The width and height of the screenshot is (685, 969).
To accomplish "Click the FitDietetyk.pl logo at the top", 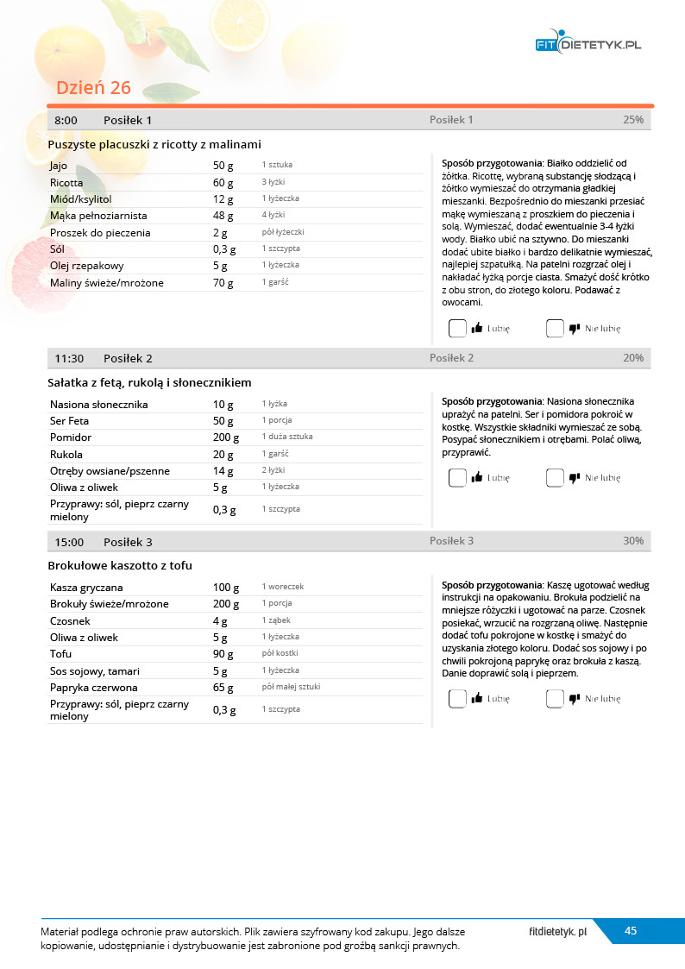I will coord(588,44).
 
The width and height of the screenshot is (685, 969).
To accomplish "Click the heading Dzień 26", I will coord(93,87).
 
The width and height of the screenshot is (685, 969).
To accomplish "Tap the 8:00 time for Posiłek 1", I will coord(66,120).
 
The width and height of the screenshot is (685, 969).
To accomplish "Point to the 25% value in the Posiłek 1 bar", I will coord(632,120).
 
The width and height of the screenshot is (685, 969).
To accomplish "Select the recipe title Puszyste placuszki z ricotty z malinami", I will coord(154,144).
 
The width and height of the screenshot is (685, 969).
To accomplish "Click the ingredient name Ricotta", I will coord(66,183).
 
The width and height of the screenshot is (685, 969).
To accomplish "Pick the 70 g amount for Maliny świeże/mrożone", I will coord(223,283).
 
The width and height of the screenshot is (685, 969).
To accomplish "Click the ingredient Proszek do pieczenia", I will coord(100,233).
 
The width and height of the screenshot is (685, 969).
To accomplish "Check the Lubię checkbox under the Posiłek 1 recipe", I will coord(457,328).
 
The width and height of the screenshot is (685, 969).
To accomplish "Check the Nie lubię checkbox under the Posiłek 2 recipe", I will coord(555,477).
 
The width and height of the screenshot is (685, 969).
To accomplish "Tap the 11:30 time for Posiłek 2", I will coord(69,358).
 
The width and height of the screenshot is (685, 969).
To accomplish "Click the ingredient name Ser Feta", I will coord(70,421).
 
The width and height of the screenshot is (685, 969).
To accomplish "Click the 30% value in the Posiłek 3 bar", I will coord(632,541).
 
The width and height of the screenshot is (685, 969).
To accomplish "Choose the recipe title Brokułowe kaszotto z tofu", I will coord(120,565).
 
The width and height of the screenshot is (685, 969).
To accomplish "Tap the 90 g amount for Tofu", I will coord(223,654).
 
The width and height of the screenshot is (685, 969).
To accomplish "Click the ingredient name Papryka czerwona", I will coord(92,688).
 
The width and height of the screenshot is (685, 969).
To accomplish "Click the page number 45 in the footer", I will coord(631,930).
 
